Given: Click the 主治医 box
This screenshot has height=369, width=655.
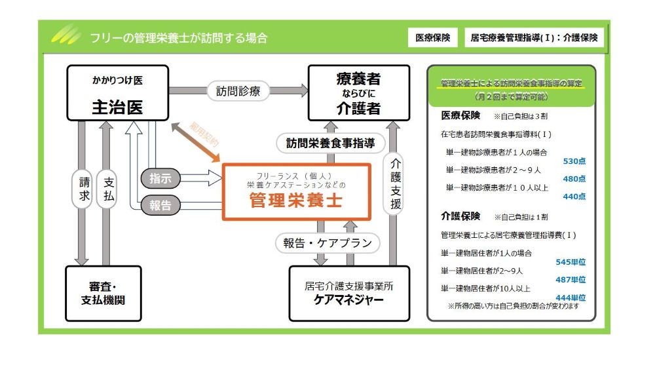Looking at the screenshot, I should click(117, 92).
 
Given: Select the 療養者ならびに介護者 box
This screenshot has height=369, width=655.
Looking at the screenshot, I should click(358, 92).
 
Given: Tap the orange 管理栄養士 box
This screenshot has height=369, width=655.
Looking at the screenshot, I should click(296, 191).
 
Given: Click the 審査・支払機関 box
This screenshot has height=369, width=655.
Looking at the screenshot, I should click(103, 293).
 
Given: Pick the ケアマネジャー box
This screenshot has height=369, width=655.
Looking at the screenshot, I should click(349, 293).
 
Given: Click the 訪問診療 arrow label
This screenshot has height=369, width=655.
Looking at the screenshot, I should click(238, 92).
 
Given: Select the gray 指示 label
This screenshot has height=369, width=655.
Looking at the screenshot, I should click(160, 177).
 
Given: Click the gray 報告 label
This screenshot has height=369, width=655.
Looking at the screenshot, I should click(160, 206).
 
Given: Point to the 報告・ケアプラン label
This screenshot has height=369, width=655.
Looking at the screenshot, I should click(327, 243).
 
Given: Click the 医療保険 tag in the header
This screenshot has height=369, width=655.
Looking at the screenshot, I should click(433, 37).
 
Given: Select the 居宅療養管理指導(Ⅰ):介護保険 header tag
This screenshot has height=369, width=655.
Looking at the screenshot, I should click(534, 37).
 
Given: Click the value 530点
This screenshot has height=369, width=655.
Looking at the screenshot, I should click(574, 161).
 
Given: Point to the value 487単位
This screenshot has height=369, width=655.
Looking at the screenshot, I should click(571, 280).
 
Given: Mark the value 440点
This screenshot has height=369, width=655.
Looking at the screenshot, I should click(574, 196).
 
